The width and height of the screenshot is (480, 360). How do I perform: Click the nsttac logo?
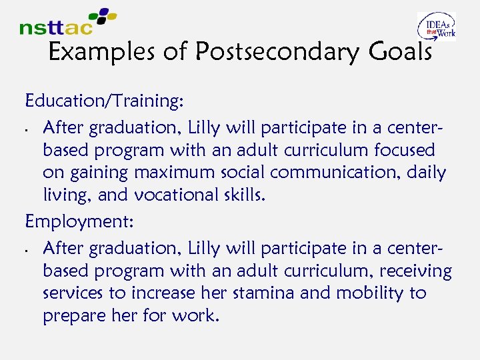67,22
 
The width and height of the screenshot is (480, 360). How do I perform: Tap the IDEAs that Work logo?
436,27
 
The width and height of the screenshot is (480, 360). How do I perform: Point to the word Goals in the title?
397,52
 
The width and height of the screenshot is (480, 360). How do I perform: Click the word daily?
429,173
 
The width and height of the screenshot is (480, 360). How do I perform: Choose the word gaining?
97,173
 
